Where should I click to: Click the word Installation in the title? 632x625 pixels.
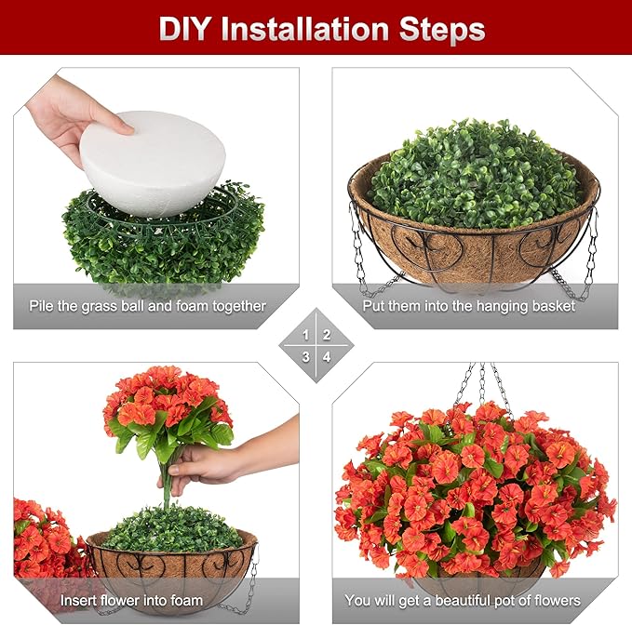(303, 29)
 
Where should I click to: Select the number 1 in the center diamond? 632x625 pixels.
(306, 335)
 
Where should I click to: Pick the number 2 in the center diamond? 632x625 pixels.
(327, 335)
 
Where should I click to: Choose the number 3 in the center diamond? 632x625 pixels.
(306, 356)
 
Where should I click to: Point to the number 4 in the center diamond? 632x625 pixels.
(327, 356)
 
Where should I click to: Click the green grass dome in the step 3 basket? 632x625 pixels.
(172, 527)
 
